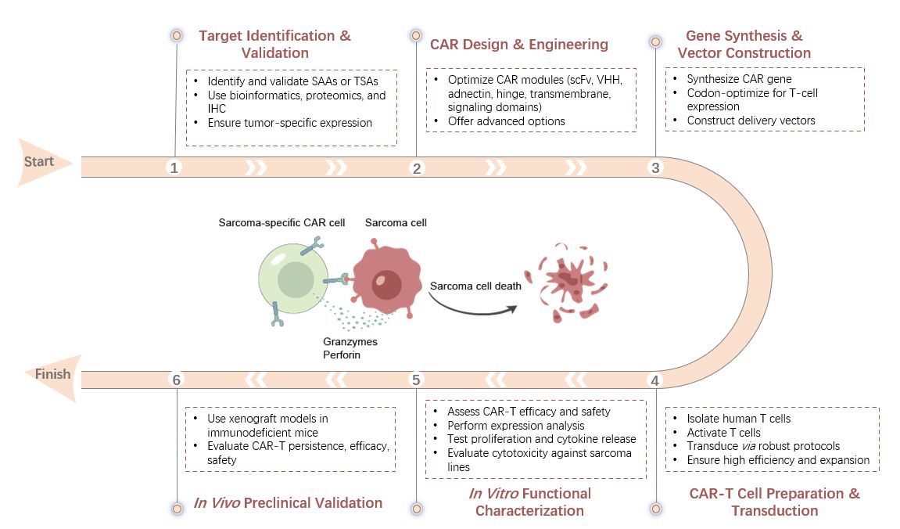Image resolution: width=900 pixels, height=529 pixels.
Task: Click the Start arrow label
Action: pos(39,162)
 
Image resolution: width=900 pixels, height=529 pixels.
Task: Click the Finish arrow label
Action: pos(53,374)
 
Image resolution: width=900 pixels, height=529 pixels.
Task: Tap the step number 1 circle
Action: pos(175,167)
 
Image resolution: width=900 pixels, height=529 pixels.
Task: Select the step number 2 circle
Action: pos(417,167)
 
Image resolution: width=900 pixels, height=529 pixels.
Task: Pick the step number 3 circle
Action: pos(655,167)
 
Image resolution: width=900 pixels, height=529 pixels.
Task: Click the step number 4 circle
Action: pos(655,380)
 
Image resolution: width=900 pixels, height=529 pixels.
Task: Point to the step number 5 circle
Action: pos(417,380)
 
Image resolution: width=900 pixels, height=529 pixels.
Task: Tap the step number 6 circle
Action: pos(176,380)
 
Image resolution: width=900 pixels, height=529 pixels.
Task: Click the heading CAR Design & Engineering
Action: pos(518,44)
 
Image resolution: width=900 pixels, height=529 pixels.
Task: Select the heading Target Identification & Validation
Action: pos(274,45)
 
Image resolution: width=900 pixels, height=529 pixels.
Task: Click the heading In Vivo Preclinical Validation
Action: pos(288,502)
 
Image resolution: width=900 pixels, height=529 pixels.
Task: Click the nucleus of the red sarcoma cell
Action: pos(386,284)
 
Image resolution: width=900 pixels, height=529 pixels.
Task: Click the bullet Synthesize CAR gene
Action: pos(739,79)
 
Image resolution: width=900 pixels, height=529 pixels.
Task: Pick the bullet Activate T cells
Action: pos(723,433)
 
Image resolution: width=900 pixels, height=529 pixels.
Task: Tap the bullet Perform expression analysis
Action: pos(515,426)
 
